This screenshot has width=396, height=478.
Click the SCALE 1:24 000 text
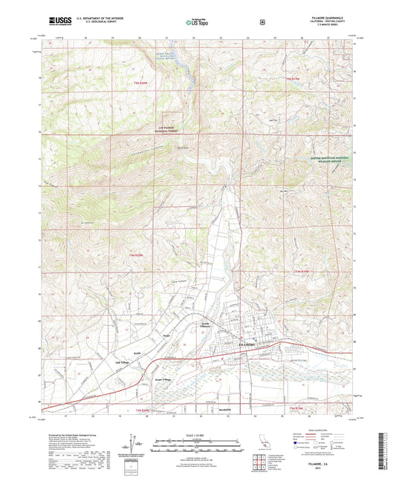197,435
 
